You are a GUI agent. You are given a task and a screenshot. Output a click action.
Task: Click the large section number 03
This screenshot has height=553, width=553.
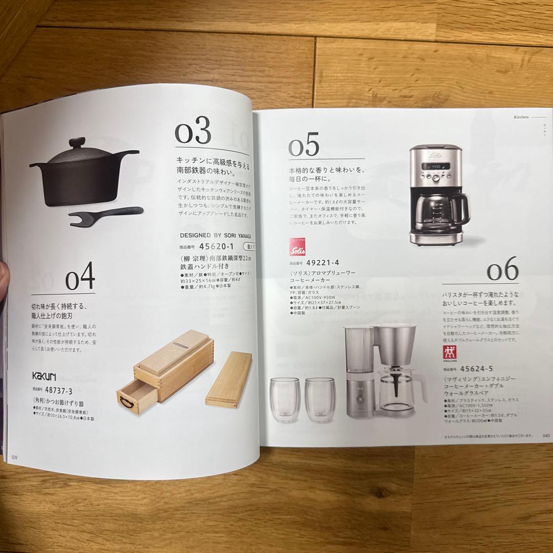point(193,133)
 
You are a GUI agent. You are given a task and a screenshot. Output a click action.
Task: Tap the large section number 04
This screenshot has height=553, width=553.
point(80,278)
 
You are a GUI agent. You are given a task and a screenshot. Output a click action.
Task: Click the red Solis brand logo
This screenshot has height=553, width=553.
point(298,250)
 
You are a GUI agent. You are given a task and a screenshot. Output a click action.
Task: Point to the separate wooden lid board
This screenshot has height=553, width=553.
point(229,378)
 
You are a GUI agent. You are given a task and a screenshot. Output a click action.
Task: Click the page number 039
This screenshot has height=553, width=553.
point(15,457)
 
